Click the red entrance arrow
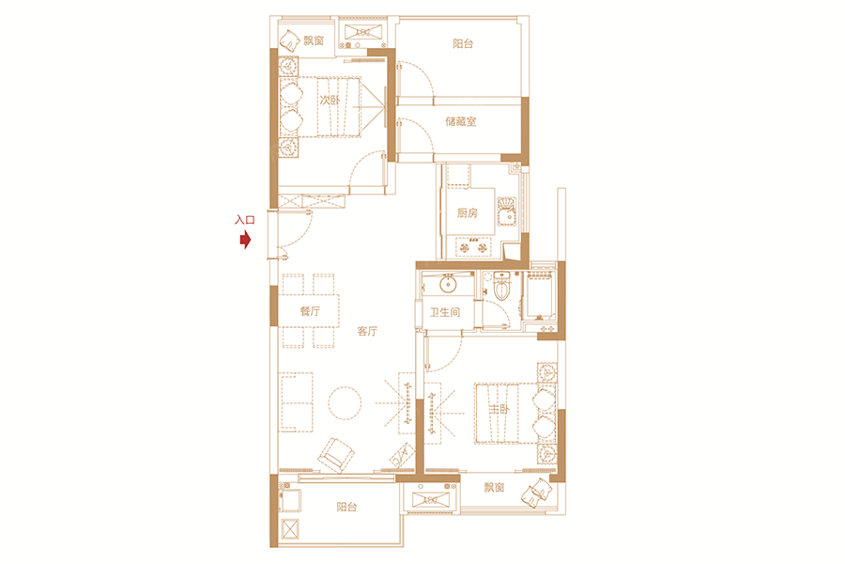click(x=245, y=239)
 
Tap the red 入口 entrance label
click(x=245, y=220)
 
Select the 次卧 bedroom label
click(x=330, y=100)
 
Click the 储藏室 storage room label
click(x=461, y=121)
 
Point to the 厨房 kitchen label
click(x=468, y=213)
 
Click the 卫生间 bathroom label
click(x=445, y=312)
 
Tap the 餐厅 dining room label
click(x=310, y=311)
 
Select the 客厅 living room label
click(x=367, y=332)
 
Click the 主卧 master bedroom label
click(x=499, y=410)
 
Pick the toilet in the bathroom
click(x=501, y=286)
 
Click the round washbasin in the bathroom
click(x=449, y=283)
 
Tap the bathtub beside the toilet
click(x=540, y=296)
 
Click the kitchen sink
click(x=507, y=212)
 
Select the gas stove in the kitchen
click(x=474, y=246)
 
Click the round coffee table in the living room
click(x=345, y=403)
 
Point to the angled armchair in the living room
click(x=336, y=454)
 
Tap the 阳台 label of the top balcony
click(x=463, y=44)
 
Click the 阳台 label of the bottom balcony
click(x=346, y=507)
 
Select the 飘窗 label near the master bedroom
click(x=494, y=487)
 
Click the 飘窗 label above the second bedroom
click(x=313, y=40)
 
